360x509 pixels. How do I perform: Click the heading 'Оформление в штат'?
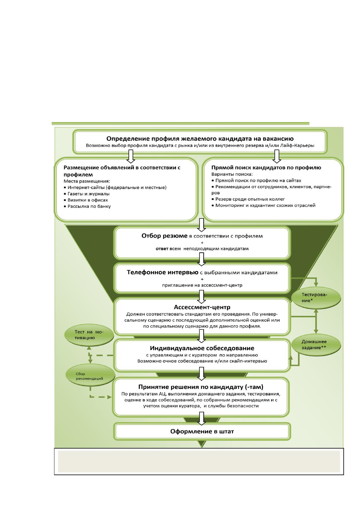click(202, 431)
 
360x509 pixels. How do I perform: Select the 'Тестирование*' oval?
click(316, 297)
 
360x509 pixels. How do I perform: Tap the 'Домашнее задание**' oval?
click(316, 345)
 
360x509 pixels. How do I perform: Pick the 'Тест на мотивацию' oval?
click(89, 335)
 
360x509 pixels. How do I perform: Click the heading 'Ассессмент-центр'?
click(202, 307)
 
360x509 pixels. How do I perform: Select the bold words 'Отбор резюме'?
click(164, 236)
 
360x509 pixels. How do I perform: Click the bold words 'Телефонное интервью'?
click(163, 272)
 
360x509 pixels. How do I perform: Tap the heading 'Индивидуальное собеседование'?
click(202, 348)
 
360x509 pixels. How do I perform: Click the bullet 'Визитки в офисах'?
click(86, 200)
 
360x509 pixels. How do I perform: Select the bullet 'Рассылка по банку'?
click(87, 206)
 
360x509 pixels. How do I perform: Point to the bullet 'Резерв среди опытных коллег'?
click(248, 199)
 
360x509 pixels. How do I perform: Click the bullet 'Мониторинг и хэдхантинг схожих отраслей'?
click(263, 206)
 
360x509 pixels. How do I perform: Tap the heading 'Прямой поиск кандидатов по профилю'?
click(266, 168)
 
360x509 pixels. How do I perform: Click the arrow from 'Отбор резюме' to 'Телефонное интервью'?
click(202, 259)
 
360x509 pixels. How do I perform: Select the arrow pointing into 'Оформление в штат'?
click(202, 419)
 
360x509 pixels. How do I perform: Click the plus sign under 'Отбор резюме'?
click(202, 243)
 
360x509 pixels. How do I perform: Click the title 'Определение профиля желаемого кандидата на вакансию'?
click(200, 139)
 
